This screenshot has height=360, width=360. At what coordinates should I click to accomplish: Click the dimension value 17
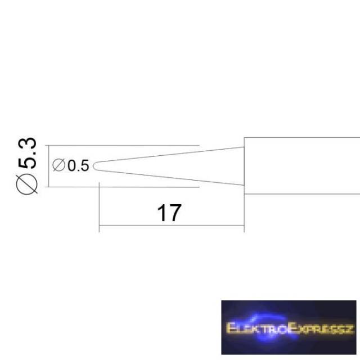[169, 213]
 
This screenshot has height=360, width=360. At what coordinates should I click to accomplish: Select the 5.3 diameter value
[27, 153]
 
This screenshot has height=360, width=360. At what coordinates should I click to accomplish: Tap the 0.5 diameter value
[78, 165]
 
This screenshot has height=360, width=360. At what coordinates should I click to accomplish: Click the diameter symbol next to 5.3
[26, 184]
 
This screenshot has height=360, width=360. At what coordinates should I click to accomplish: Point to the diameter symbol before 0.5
[58, 165]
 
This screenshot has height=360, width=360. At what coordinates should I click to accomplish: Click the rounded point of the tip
[94, 166]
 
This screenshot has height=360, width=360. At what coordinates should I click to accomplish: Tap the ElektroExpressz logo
[289, 327]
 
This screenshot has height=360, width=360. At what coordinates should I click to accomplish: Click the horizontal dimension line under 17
[172, 226]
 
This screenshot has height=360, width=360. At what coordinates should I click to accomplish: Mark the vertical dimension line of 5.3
[49, 166]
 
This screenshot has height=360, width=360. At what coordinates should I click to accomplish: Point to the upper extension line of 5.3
[122, 146]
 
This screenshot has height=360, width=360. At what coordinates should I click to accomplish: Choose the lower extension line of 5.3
[122, 187]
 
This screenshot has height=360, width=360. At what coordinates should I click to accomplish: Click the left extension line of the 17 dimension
[99, 207]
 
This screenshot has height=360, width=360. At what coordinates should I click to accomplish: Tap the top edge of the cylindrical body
[302, 137]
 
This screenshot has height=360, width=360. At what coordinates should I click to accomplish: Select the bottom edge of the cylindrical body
[302, 194]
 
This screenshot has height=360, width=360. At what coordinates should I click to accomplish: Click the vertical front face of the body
[244, 166]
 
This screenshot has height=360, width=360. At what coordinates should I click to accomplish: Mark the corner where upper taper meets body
[244, 147]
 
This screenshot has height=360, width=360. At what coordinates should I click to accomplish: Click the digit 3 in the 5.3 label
[27, 143]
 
